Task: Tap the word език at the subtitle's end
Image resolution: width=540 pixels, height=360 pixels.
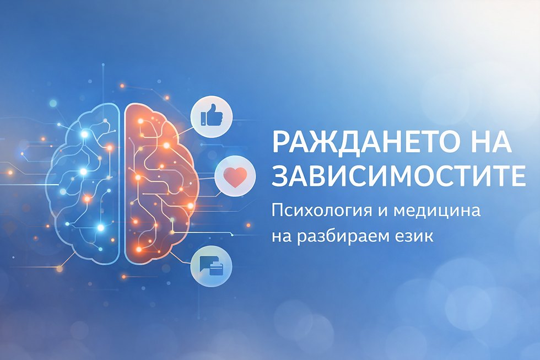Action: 413,237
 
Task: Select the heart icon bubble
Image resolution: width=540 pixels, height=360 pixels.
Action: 235,177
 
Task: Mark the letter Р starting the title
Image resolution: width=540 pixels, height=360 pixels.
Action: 282,143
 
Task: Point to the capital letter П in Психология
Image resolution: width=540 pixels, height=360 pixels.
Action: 278,212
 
